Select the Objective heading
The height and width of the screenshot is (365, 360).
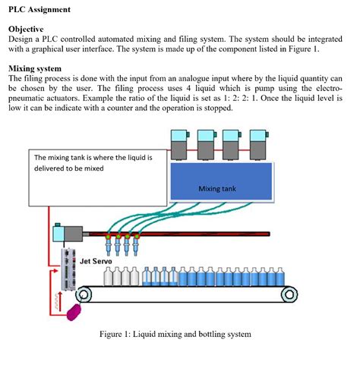pos(27,28)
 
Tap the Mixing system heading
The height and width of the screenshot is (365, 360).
pos(34,68)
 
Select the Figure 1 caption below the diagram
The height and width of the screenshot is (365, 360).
pos(175,333)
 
